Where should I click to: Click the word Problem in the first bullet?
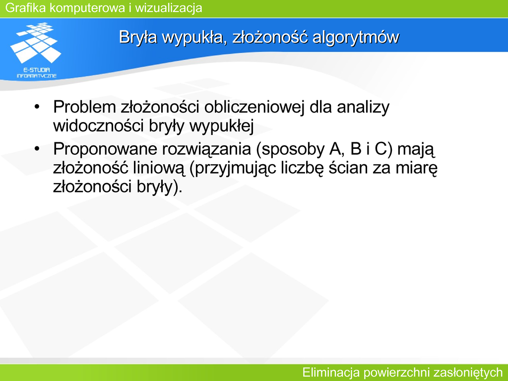tap(84, 107)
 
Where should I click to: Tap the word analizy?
tap(363, 108)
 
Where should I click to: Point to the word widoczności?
tap(99, 126)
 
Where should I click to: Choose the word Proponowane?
tap(105, 149)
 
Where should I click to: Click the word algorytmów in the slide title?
tap(355, 37)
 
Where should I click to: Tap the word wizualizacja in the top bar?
tap(169, 8)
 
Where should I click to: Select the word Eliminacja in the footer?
tap(331, 372)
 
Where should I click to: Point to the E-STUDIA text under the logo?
tap(36, 69)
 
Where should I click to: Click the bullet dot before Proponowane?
tap(37, 149)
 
